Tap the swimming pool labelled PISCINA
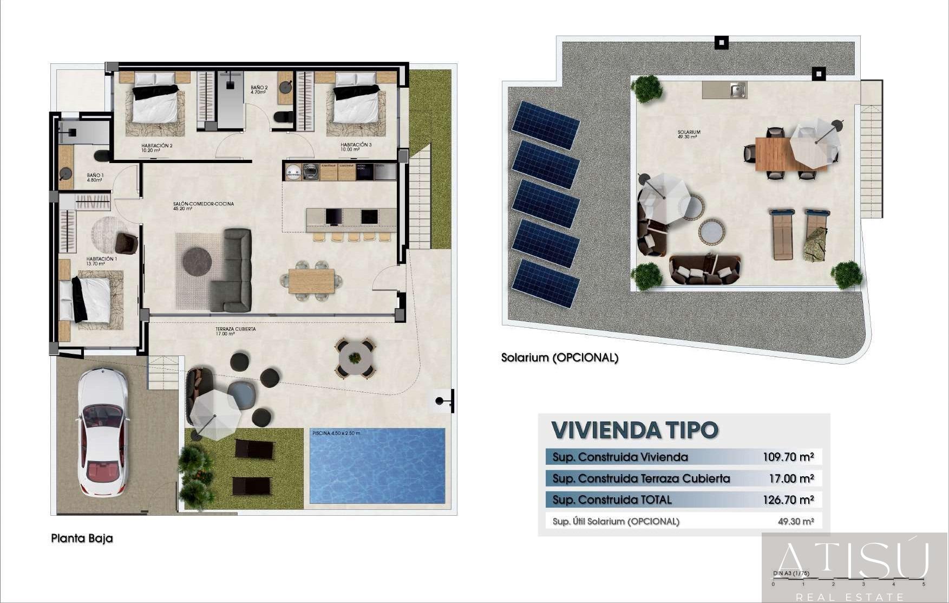[377, 466]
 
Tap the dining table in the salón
[311, 281]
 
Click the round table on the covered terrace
[355, 358]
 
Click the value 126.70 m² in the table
[788, 500]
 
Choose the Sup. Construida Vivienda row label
[620, 457]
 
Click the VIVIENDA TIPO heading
[634, 430]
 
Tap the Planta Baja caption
[82, 539]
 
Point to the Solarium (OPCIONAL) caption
[559, 358]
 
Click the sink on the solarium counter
[737, 90]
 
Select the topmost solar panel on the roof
[546, 125]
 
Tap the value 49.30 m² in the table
[796, 521]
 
